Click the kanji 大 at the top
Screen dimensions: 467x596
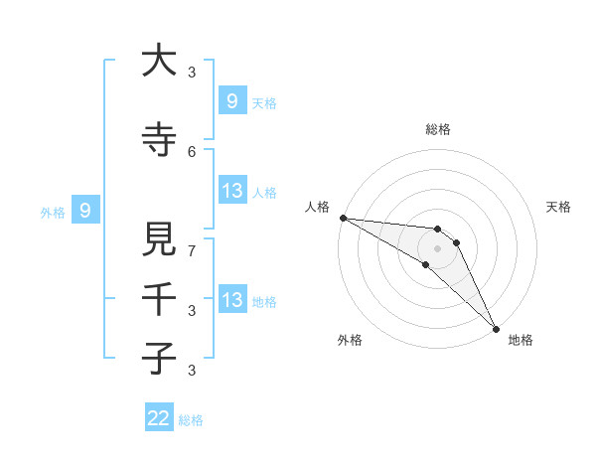coord(159,61)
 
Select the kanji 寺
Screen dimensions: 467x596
coord(159,140)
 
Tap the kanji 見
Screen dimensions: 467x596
coord(159,239)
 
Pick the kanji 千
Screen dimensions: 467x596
coord(159,299)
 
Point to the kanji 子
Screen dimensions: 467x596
coord(159,359)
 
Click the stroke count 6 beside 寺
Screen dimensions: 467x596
coord(192,152)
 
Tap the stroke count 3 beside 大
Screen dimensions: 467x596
coord(192,73)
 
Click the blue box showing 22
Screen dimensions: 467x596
coord(159,418)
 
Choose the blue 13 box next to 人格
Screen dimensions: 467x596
coord(231,190)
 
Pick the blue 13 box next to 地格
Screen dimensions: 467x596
coord(231,300)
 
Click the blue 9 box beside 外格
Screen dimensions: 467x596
coord(85,210)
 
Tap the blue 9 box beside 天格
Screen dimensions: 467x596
coord(231,100)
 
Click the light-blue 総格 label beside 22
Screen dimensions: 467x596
coord(191,419)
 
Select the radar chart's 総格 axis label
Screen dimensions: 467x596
coord(437,129)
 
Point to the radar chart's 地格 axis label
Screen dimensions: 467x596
coord(521,340)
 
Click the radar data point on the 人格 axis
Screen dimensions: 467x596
coord(343,218)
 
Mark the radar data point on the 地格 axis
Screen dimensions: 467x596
coord(495,328)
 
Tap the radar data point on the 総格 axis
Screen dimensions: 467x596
coord(437,230)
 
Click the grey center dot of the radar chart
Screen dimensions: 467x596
coord(437,248)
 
